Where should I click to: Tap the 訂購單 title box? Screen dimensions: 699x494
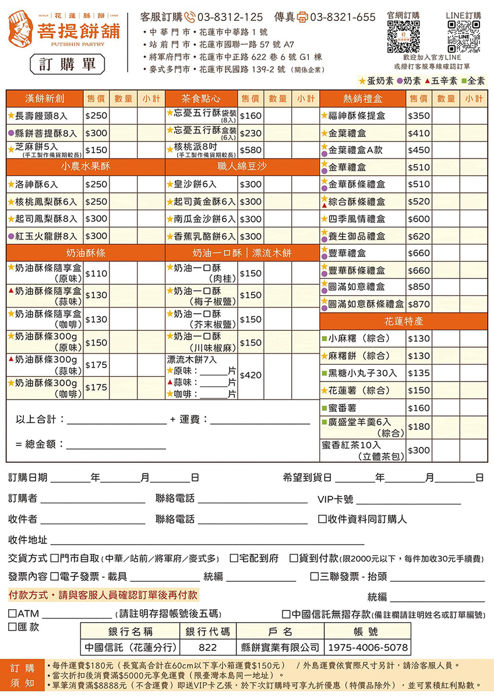(68, 64)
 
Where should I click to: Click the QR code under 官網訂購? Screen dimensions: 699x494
(403, 37)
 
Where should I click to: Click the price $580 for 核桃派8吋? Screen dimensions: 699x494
(250, 150)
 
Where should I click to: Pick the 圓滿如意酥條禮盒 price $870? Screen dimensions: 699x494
(419, 304)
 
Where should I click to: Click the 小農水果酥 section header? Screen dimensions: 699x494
(86, 167)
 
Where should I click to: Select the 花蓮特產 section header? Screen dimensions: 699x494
(403, 321)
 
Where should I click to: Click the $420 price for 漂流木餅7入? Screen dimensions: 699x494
(250, 375)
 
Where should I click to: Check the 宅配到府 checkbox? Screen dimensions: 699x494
(234, 558)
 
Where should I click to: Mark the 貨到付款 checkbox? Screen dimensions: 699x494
(294, 558)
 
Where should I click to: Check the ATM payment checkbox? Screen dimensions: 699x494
(12, 614)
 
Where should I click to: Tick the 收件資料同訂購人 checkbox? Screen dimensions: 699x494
(322, 519)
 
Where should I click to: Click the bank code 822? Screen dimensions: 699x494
(207, 647)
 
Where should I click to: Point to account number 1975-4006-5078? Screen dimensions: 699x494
(367, 647)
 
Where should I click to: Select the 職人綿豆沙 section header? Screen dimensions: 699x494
(242, 167)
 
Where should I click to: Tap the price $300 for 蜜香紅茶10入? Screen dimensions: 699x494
(419, 450)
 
